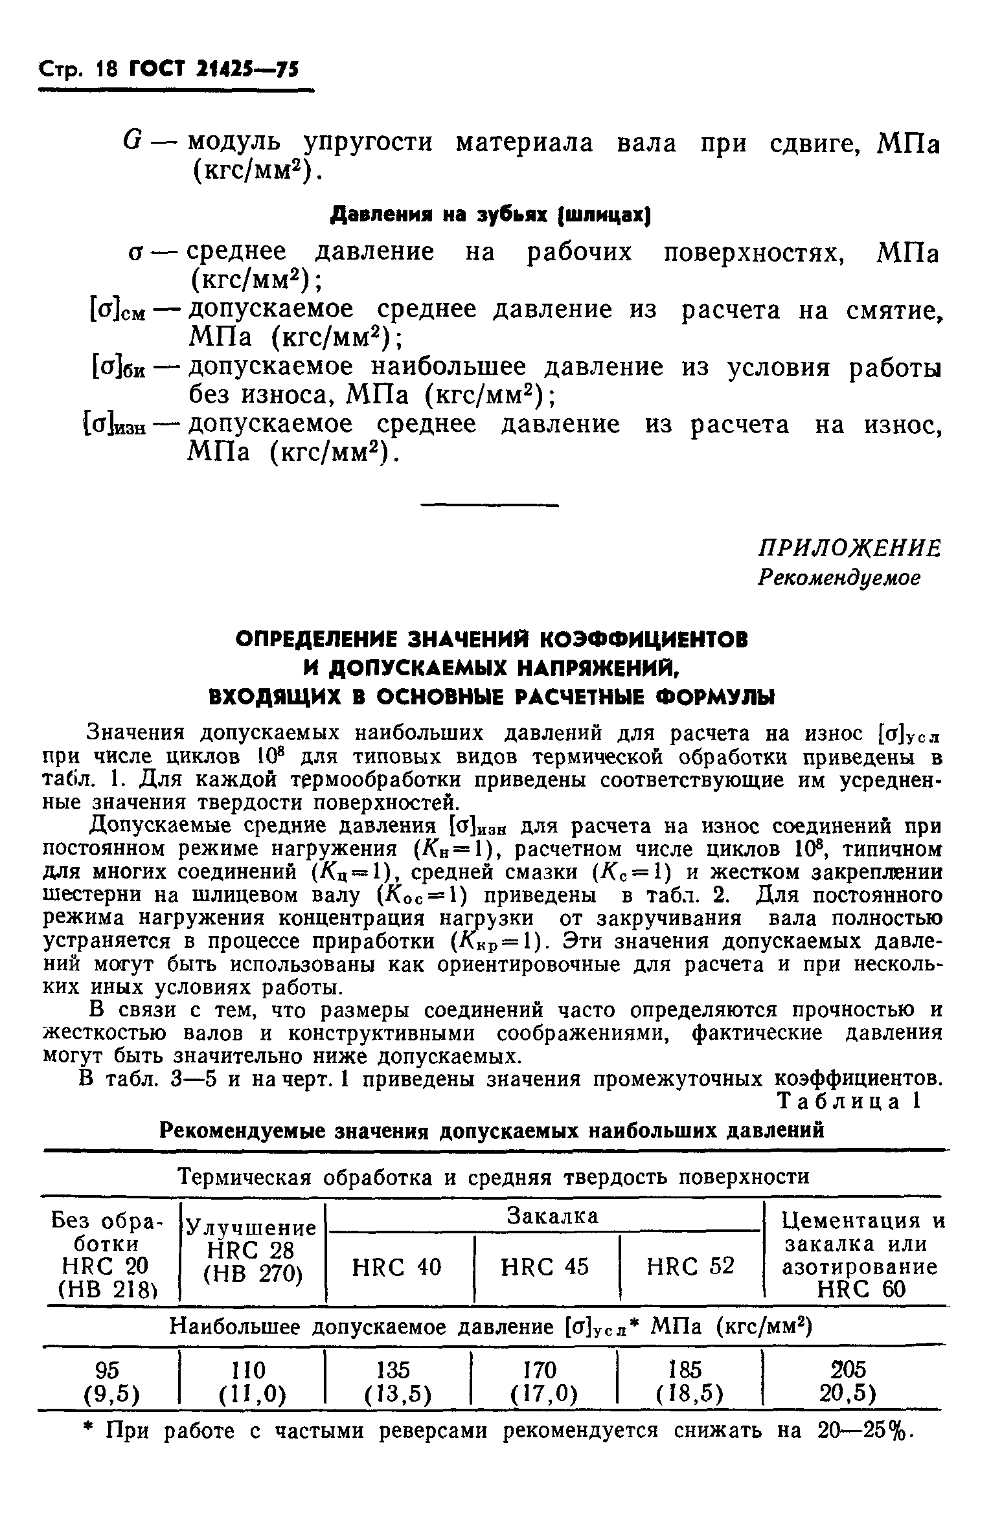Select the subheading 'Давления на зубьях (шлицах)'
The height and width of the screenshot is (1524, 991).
(x=490, y=214)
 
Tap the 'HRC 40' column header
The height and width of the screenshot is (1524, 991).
(x=396, y=1266)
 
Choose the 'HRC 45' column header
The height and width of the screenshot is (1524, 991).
(x=545, y=1266)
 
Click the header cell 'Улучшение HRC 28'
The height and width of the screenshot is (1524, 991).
(x=251, y=1249)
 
